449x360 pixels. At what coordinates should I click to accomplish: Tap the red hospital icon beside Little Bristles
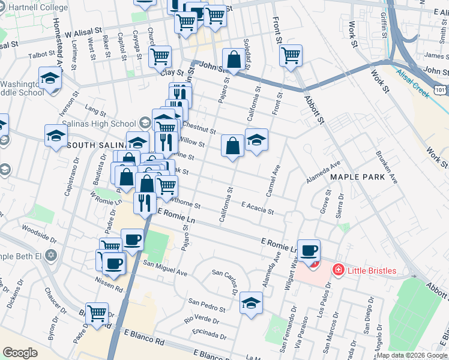tap(339, 271)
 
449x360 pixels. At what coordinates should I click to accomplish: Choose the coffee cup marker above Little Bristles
tap(309, 251)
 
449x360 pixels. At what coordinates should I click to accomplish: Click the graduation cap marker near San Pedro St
tap(251, 302)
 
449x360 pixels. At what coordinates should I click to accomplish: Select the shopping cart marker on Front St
tap(291, 55)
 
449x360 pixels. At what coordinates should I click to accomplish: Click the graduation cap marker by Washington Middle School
tap(50, 78)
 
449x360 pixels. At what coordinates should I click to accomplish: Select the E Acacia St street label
tap(257, 208)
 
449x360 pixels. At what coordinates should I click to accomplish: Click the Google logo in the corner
tap(20, 353)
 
